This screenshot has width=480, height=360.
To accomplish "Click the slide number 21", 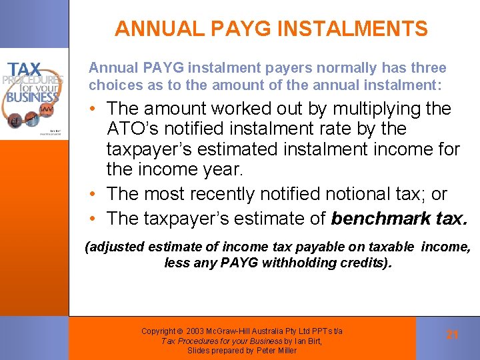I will tap(453, 335).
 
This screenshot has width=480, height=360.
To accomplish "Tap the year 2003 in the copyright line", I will tap(197, 331).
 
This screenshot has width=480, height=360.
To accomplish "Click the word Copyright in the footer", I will tap(158, 331).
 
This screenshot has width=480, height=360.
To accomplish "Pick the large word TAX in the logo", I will tap(25, 69).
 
